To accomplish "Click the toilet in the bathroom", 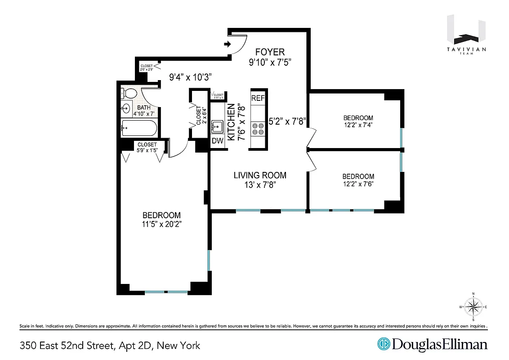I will (129, 94).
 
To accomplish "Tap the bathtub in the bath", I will (139, 129).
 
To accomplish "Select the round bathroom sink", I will (126, 108).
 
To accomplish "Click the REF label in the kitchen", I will (258, 98).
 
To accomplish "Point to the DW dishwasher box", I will (218, 141).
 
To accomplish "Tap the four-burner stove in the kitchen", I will (258, 130).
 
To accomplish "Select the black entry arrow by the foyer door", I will (228, 44).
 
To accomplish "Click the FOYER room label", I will (270, 51).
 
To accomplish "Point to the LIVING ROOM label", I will (260, 175).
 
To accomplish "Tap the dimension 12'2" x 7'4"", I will (358, 126).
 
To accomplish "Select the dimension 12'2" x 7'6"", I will (358, 184).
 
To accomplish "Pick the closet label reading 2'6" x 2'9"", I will (147, 69).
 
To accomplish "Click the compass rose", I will (473, 307).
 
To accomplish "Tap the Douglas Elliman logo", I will (432, 345).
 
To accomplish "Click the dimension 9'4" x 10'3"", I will (190, 77).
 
